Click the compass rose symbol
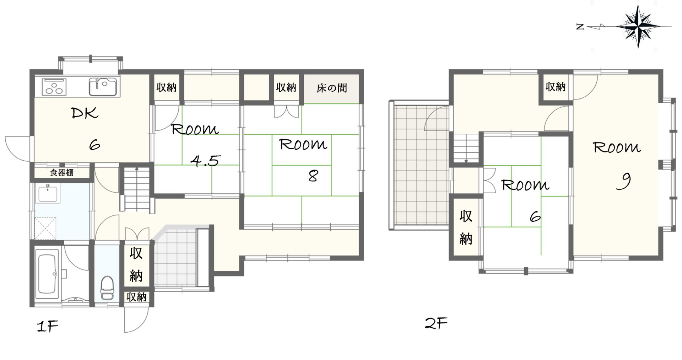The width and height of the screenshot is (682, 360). coord(638,27)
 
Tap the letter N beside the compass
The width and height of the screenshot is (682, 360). coord(580,27)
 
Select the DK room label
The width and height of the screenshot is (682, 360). coord(85,113)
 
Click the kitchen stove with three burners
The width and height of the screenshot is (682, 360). coord(54,87)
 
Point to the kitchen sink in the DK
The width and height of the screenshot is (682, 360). coord(103,87)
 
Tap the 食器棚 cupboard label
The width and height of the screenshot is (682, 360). coord(62,173)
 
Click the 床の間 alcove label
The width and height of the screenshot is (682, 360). coord(332,88)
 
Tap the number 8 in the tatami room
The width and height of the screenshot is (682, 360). coord(313,176)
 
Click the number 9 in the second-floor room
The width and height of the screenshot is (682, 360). coord(624,181)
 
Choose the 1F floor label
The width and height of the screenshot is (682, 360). coord(47,326)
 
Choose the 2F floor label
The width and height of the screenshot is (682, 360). coord(436,323)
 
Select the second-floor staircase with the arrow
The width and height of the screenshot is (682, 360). coord(466,149)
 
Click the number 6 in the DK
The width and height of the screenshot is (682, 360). coord(94,145)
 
